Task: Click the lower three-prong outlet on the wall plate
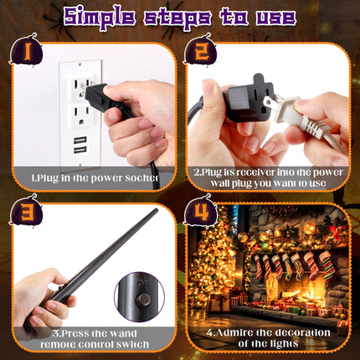[x=81, y=115]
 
